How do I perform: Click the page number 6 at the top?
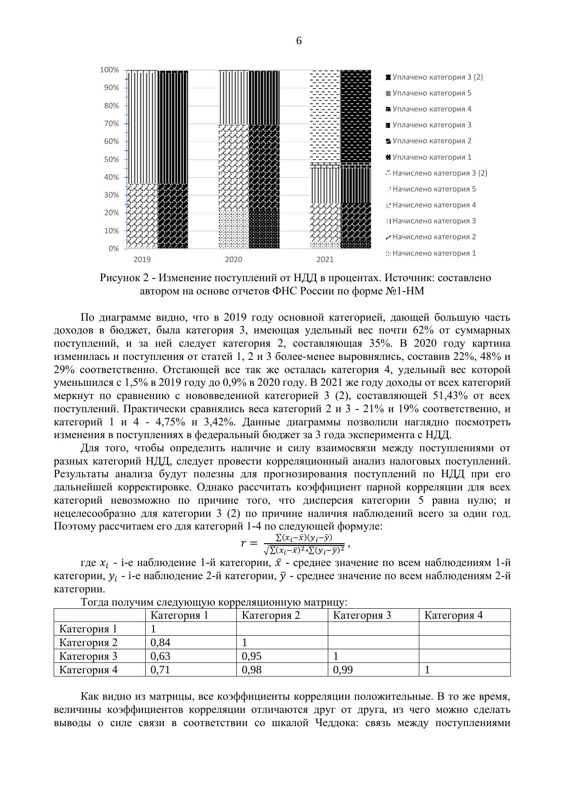pos(299,41)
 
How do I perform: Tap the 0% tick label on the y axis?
pos(113,248)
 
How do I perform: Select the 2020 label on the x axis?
pos(234,260)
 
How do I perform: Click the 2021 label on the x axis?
pos(325,260)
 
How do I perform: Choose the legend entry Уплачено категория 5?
pos(431,93)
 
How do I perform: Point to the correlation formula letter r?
pos(243,543)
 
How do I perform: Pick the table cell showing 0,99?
pos(343,670)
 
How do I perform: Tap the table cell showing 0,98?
pos(251,670)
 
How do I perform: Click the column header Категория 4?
pos(453,616)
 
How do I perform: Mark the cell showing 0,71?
pos(159,670)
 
